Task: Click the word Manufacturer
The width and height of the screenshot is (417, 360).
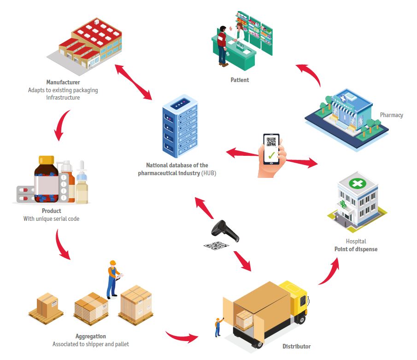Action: [63, 83]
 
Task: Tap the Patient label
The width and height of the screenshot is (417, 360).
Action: [240, 80]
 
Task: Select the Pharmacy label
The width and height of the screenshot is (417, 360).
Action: [391, 115]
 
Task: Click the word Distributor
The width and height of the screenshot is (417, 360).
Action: [296, 346]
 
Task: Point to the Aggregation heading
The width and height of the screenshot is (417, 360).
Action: [90, 336]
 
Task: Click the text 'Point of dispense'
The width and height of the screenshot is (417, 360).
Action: [356, 249]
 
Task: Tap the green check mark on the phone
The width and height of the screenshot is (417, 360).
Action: [271, 154]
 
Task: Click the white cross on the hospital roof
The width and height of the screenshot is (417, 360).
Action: [357, 183]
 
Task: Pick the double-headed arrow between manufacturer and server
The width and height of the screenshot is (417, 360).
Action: [133, 82]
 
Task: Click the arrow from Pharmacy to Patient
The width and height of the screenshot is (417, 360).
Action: [308, 74]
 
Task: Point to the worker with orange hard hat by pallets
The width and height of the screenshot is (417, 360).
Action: [112, 278]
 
